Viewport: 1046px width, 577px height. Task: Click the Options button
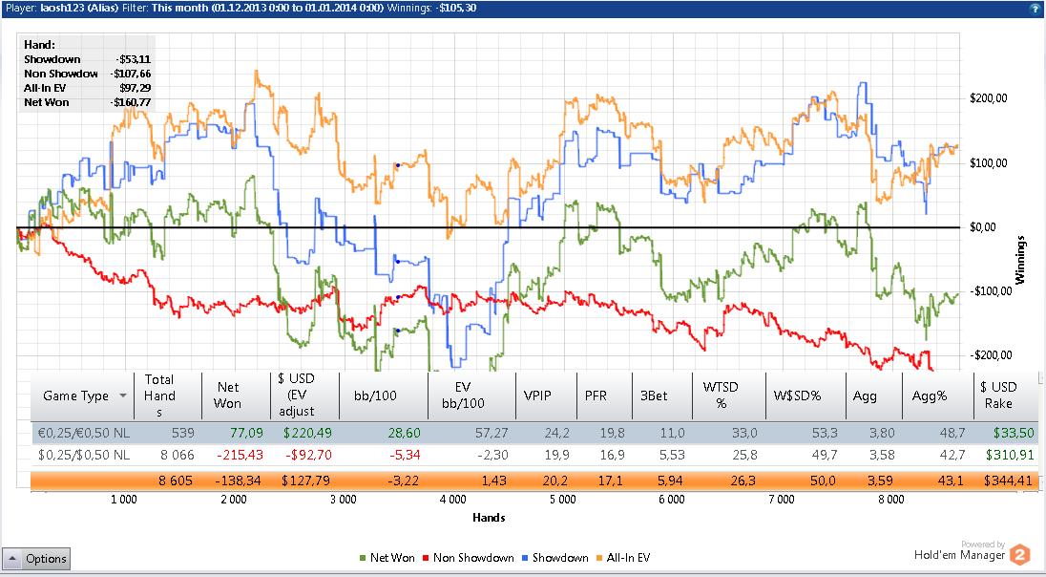pos(36,559)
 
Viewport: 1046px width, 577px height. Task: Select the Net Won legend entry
pos(391,558)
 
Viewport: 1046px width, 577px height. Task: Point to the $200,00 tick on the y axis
pos(990,98)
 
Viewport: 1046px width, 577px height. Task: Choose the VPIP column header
pos(537,395)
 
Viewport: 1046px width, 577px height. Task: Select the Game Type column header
pos(75,395)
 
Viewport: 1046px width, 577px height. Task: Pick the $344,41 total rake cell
pos(1010,480)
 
